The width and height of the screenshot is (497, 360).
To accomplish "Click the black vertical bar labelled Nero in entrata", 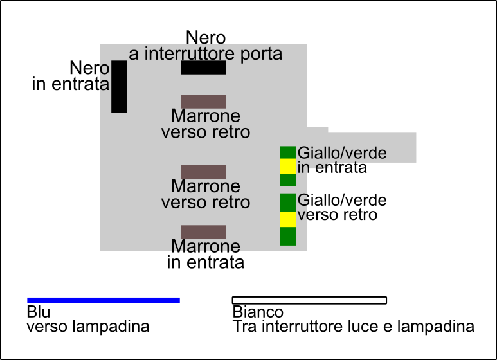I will pos(119,86).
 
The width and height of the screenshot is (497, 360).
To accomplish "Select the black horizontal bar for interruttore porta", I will pos(203,67).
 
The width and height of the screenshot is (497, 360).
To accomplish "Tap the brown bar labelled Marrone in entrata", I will pos(203,232).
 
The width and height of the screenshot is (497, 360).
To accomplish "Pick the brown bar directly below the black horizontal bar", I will pos(203,102).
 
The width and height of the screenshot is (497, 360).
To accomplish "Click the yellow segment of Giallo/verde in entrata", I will pos(287,166).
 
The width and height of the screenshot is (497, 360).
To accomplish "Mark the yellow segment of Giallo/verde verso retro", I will pos(287,219).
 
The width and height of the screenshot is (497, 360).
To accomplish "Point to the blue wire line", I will pos(104,300).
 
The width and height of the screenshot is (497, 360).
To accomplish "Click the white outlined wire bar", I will pos(309,300).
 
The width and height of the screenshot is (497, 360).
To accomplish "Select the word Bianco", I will pos(258,312).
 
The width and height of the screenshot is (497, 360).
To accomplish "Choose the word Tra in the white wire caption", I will pos(244,327).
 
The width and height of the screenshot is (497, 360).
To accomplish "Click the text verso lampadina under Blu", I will pos(88,327).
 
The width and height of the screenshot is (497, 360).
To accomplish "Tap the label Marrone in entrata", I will pos(206,255).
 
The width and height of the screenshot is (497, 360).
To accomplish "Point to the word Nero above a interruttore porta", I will pos(206,37).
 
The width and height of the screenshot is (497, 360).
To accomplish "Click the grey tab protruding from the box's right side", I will pos(372,147).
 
